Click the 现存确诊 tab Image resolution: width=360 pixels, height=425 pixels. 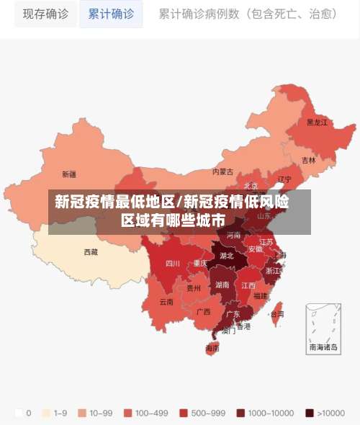click(x=45, y=14)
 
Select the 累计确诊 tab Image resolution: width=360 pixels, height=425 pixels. click(x=111, y=14)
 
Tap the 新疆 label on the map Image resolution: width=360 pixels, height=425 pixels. click(x=69, y=174)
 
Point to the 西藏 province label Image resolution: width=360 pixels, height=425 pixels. click(x=91, y=252)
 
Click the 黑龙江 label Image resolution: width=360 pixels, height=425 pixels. click(x=317, y=122)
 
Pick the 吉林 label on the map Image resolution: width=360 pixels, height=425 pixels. click(x=308, y=160)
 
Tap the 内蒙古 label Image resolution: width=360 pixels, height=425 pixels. click(x=223, y=171)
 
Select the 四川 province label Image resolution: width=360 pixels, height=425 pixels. click(x=173, y=264)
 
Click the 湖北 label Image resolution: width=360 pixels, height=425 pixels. click(x=227, y=255)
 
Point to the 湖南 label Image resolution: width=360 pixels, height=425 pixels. click(x=222, y=285)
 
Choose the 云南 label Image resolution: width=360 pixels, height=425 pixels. click(x=166, y=301)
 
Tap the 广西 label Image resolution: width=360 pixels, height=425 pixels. click(x=204, y=311)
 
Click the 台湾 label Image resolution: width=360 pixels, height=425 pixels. click(x=276, y=314)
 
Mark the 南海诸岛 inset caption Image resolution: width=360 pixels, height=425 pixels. click(x=323, y=346)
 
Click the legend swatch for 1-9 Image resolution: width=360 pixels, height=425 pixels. click(x=48, y=413)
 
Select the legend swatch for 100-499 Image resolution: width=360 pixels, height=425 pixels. click(x=127, y=413)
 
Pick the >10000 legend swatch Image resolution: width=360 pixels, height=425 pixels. click(x=310, y=413)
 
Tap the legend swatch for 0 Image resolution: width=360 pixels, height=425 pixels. click(x=17, y=413)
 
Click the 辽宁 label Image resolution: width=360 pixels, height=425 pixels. click(x=285, y=179)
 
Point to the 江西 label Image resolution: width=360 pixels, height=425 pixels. click(x=248, y=285)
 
